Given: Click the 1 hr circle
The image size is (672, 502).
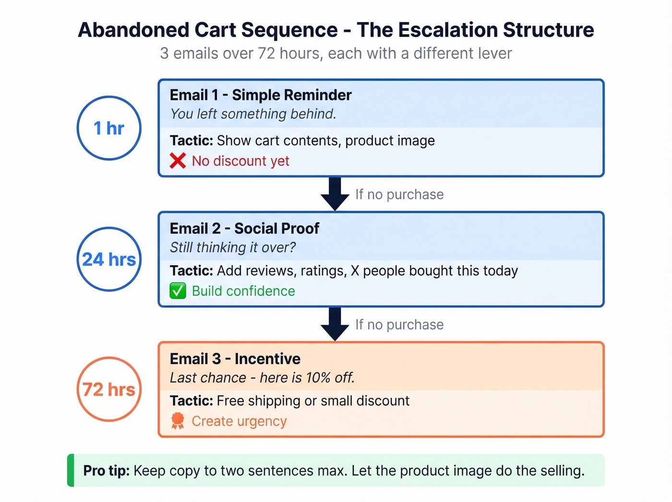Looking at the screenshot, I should click(109, 128).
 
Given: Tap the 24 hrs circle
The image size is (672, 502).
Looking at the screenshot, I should click(109, 259).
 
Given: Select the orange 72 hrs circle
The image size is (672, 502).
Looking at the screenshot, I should click(109, 389).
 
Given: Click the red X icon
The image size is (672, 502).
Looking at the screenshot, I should click(178, 161).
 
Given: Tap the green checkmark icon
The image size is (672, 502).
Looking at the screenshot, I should click(178, 291).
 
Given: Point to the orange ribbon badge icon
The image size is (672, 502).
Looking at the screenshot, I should click(178, 421).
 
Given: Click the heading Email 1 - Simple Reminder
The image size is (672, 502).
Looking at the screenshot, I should click(260, 95).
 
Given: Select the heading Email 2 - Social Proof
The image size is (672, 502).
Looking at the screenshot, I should click(244, 229).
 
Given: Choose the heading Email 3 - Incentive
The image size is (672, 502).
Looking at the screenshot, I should click(235, 359).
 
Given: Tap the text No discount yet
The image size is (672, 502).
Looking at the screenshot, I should click(240, 161).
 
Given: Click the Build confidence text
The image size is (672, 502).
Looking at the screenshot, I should click(243, 291).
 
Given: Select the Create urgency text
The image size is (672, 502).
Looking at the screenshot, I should click(239, 421).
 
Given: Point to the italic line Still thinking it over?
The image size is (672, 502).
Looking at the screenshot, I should click(233, 247).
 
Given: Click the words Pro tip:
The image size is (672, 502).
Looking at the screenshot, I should click(107, 470).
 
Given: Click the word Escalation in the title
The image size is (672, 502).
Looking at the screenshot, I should click(447, 30).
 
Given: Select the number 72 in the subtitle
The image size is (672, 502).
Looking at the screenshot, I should click(266, 53).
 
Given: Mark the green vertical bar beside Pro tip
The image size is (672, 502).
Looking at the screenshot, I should click(71, 470).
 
